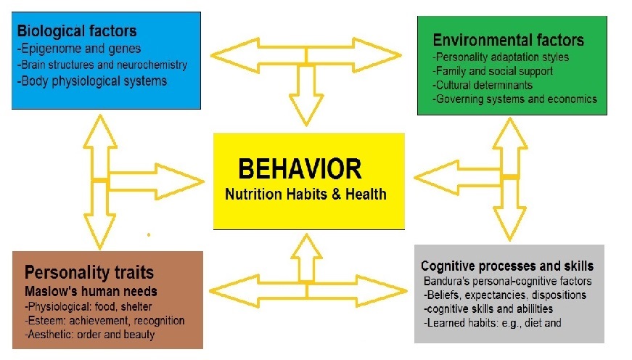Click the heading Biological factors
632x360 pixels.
point(77,31)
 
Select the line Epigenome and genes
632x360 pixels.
point(79,49)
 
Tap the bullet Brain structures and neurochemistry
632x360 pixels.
point(102,65)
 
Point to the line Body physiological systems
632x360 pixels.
point(92,81)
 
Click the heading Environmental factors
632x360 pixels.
point(508,40)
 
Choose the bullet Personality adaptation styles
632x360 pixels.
point(501,57)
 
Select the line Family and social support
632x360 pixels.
point(493,71)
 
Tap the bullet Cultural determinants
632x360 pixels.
point(483,85)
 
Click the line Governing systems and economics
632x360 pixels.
point(514,99)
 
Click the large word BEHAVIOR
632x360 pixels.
point(300,168)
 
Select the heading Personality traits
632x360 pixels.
point(89,272)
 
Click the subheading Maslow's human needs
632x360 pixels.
point(91,291)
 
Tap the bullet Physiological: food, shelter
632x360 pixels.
point(89,307)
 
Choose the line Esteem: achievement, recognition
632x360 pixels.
point(104,321)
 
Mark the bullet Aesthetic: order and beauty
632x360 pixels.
point(90,335)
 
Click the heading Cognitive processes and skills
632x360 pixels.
point(507,266)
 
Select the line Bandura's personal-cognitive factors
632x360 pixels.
point(507,281)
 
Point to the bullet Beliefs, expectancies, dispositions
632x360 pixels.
point(504,295)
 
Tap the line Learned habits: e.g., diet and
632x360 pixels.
point(493,323)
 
